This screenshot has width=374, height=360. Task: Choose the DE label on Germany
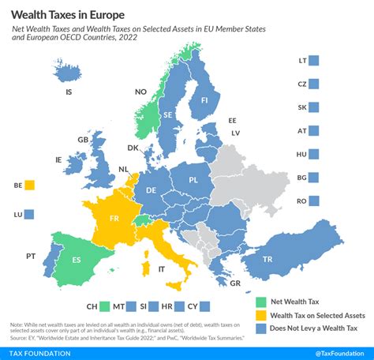(151, 189)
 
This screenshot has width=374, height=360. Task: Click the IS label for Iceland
(69, 92)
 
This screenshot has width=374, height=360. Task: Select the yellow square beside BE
(29, 186)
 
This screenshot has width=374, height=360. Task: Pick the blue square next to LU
(29, 214)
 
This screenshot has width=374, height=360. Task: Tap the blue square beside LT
(314, 60)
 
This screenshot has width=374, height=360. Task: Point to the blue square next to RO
(314, 201)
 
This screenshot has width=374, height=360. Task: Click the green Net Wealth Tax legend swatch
(261, 301)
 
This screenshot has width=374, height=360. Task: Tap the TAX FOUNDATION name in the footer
(36, 353)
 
